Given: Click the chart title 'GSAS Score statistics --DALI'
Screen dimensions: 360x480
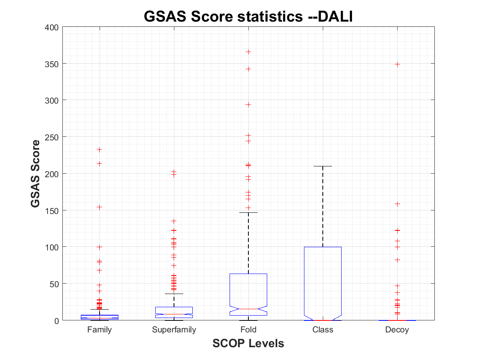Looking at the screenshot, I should click(248, 16).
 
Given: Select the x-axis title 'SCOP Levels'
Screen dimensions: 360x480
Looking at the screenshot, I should click(248, 343).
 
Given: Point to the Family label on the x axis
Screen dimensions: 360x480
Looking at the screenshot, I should click(99, 330).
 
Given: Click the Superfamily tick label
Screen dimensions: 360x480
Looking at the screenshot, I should click(174, 330).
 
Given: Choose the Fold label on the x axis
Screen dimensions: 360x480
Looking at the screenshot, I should click(248, 330).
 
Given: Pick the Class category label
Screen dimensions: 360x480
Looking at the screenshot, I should click(323, 330).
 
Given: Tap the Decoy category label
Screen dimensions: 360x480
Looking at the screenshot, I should click(397, 330).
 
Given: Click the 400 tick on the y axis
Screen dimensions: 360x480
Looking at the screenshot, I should click(52, 27).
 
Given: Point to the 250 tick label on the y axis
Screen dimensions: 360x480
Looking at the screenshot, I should click(52, 137).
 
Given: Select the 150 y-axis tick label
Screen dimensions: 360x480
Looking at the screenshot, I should click(52, 210).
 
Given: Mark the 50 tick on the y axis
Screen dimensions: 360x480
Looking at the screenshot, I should click(54, 284).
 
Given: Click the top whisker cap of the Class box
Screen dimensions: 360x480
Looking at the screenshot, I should click(323, 166).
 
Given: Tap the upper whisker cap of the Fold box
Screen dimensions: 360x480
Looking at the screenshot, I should click(248, 213).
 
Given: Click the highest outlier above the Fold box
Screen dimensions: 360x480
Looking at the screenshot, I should click(248, 52).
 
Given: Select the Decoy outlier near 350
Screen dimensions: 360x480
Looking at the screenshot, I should click(397, 64).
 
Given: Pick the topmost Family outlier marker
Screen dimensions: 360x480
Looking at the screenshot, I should click(99, 150).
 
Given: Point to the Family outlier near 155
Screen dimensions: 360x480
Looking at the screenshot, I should click(99, 207).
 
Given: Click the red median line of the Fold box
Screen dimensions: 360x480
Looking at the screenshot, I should click(248, 309).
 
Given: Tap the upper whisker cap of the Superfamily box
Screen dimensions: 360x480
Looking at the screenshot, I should click(174, 294).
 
